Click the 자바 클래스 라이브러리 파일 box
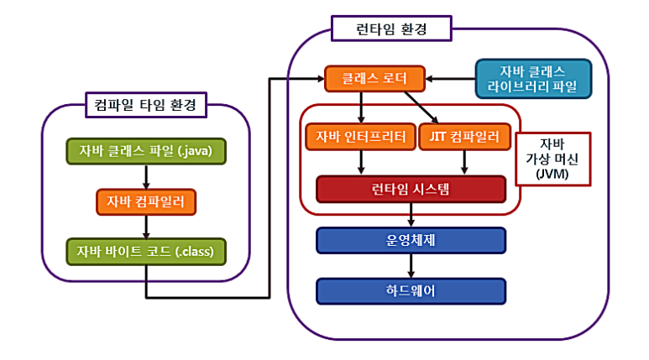pyautogui.click(x=533, y=79)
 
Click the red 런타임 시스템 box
pyautogui.click(x=411, y=189)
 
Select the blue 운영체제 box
pyautogui.click(x=411, y=240)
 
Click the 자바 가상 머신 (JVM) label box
pyautogui.click(x=552, y=157)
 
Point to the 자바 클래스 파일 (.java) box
pyautogui.click(x=146, y=151)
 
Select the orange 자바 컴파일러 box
pyautogui.click(x=146, y=201)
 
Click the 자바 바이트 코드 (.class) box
pyautogui.click(x=146, y=251)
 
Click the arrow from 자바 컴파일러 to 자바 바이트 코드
pyautogui.click(x=146, y=226)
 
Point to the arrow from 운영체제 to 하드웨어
pyautogui.click(x=411, y=265)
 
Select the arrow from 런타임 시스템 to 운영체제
pyautogui.click(x=411, y=215)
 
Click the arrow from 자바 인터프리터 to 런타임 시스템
pyautogui.click(x=361, y=162)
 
